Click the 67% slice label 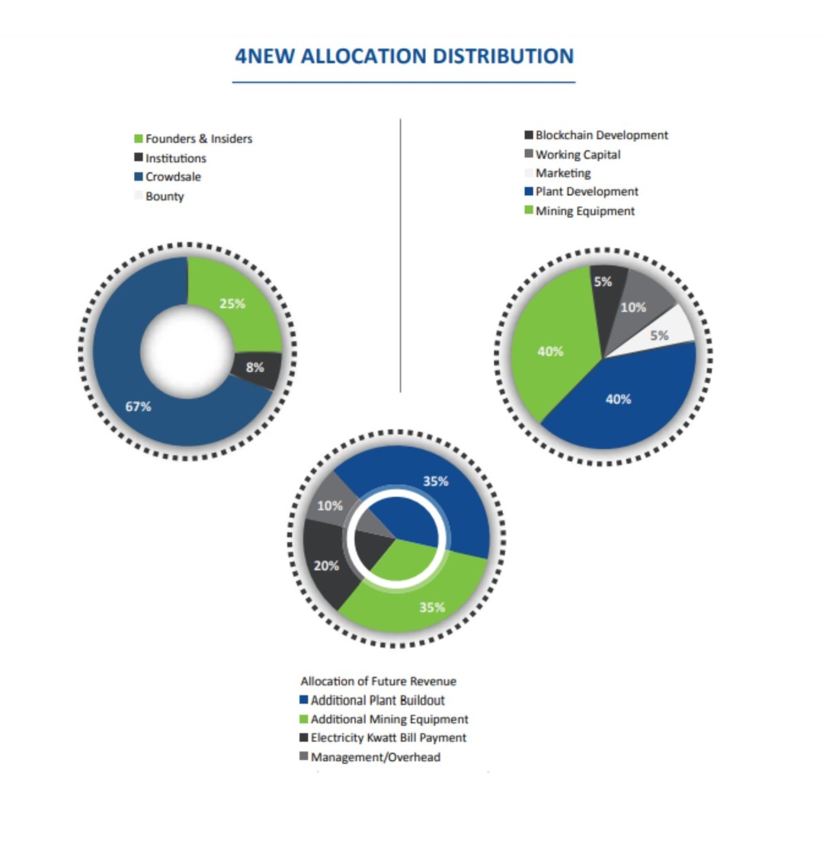(139, 407)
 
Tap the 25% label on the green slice (232, 303)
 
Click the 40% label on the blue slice (618, 399)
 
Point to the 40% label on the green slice (550, 351)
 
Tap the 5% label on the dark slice (603, 282)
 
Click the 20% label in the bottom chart (326, 566)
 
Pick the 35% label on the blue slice (435, 482)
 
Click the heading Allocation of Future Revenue (378, 682)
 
